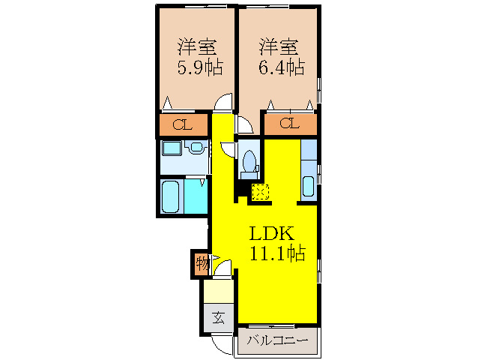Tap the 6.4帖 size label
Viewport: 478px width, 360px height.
(282, 68)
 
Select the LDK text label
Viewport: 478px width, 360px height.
(271, 232)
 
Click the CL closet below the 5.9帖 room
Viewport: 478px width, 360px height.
(182, 124)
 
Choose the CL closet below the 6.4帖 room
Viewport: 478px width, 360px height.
(289, 124)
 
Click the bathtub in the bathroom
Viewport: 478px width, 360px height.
(172, 196)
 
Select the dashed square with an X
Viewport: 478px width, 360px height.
(260, 192)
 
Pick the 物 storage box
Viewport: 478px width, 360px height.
(202, 264)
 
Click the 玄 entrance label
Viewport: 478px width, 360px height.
(217, 316)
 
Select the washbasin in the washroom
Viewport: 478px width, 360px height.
(197, 147)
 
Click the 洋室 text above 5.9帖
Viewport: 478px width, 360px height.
(197, 46)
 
